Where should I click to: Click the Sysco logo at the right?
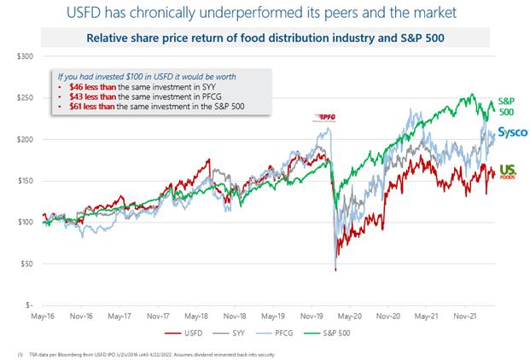(513, 132)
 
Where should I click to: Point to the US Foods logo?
(510, 171)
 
